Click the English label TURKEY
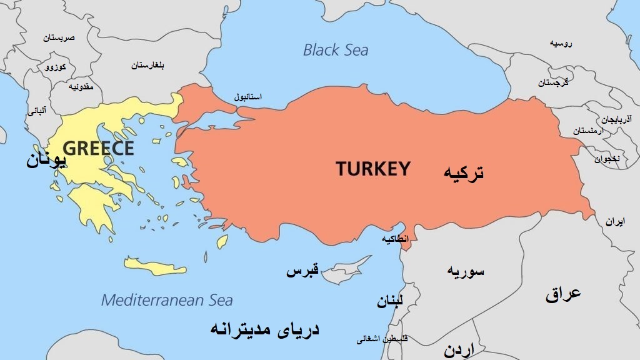[373, 169]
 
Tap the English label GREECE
[99, 148]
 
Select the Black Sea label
[336, 50]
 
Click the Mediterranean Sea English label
[167, 300]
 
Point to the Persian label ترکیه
[463, 172]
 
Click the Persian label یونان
[46, 160]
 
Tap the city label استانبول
[248, 97]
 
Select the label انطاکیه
[395, 239]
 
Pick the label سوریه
[466, 271]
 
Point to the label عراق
[563, 293]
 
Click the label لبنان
[390, 302]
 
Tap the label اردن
[459, 349]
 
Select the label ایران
[614, 222]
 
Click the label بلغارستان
[147, 65]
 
